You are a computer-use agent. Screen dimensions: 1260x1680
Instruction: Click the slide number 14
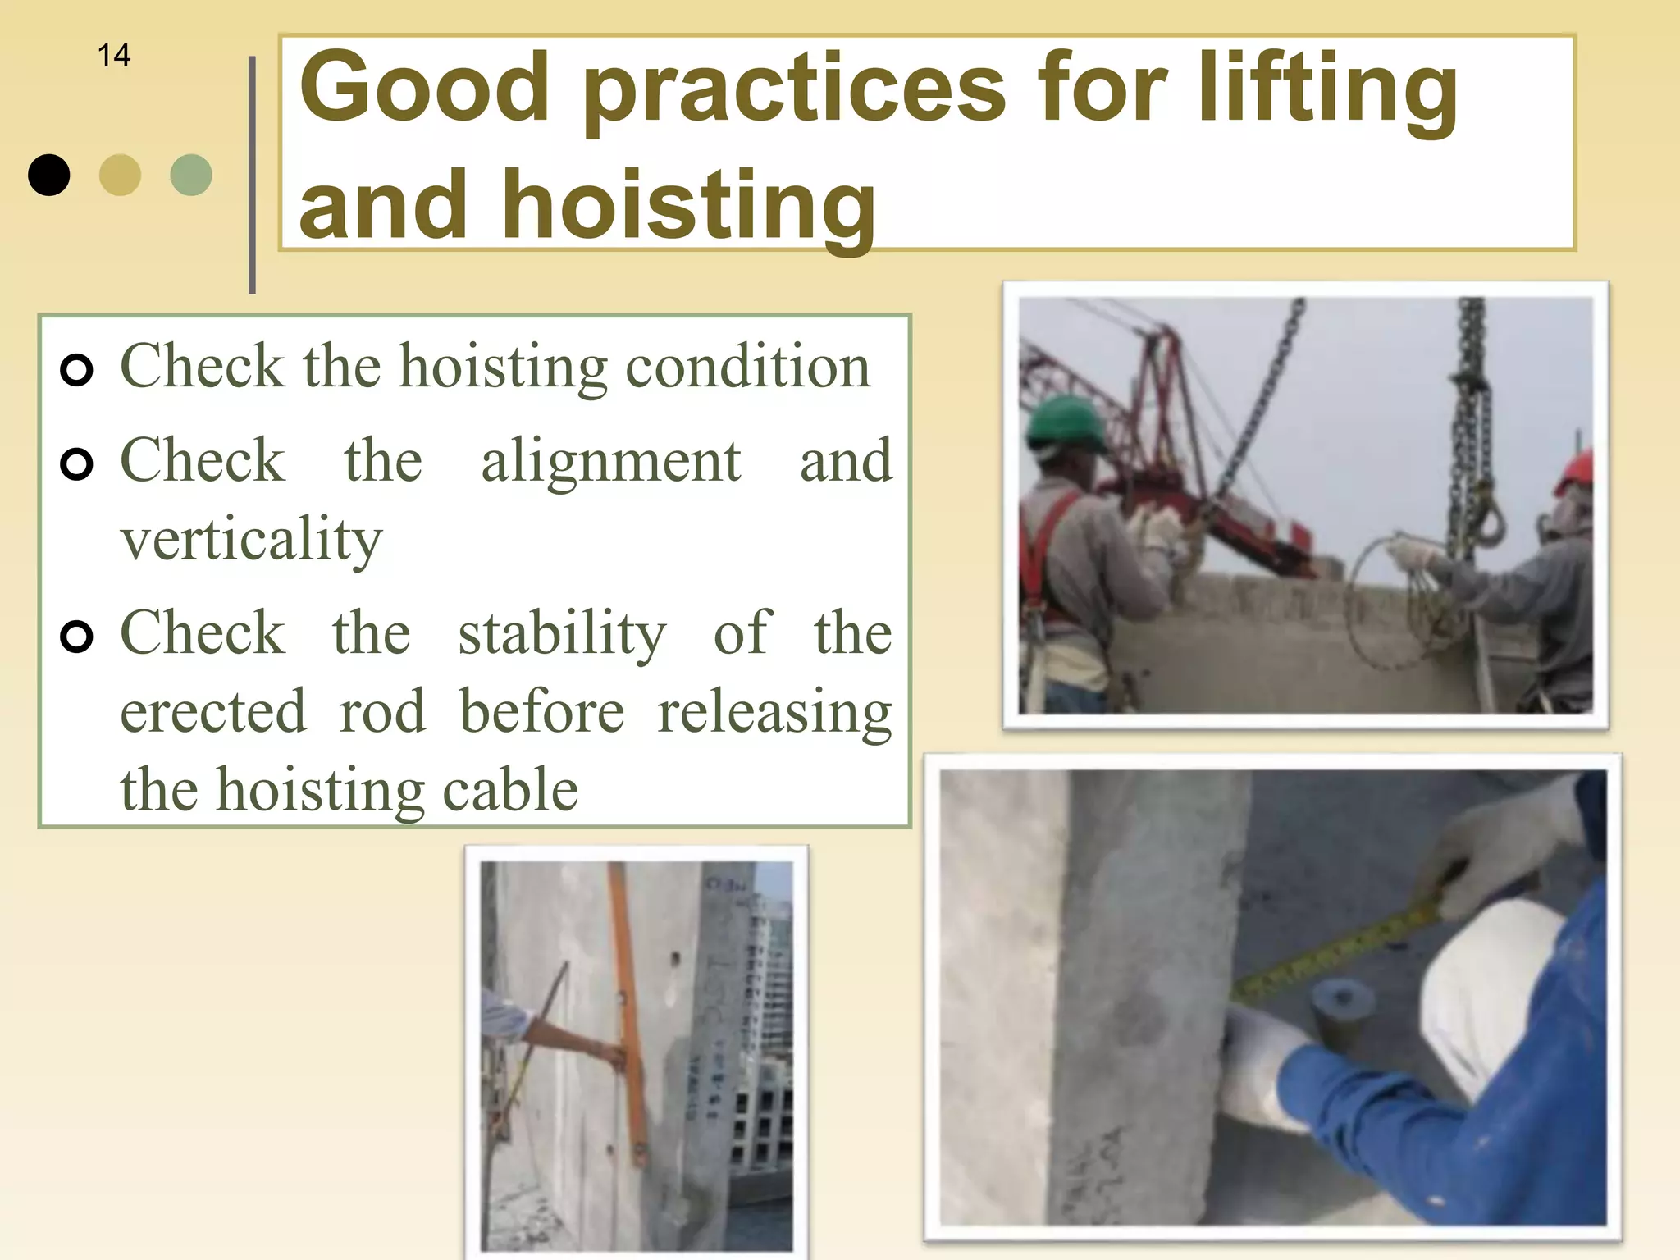(114, 56)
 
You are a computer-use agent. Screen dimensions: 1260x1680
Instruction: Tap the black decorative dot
(49, 175)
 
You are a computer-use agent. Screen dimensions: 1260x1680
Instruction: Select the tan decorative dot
(120, 175)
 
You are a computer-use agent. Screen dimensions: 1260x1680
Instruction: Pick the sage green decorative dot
(191, 175)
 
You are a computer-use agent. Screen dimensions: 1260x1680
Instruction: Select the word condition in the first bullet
(748, 366)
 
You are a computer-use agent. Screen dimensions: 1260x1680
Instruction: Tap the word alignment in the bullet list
(611, 460)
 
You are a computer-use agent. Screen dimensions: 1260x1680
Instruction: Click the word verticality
(252, 539)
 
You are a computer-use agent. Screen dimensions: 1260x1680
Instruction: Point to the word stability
(562, 633)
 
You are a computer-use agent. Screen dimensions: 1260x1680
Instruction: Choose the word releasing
(774, 712)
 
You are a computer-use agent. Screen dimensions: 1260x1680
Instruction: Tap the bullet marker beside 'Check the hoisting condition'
(76, 370)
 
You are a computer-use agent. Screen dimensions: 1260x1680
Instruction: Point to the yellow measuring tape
(1337, 952)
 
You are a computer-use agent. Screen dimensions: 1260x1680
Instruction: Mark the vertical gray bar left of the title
(252, 175)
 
